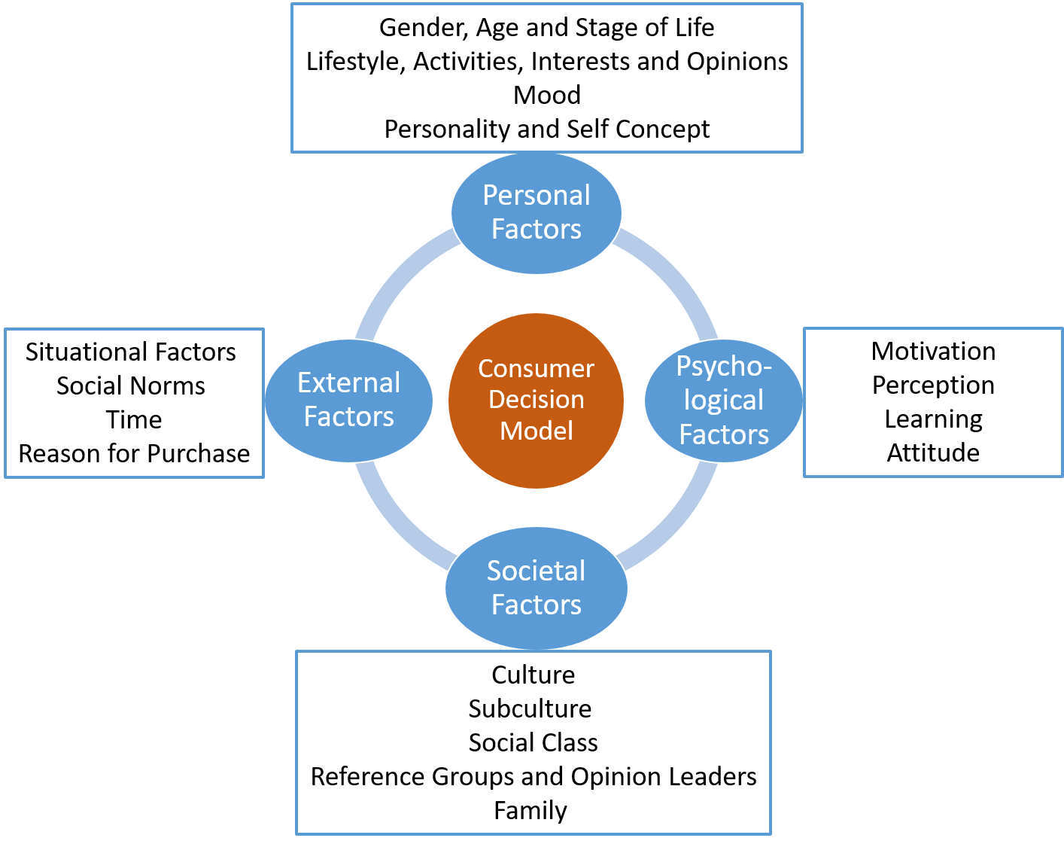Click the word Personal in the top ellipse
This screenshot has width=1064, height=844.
[537, 196]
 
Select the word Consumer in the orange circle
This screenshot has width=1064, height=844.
[536, 369]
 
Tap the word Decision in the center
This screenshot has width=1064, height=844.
[536, 400]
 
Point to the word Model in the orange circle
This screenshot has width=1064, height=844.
[537, 431]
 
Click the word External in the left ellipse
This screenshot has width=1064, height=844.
[349, 383]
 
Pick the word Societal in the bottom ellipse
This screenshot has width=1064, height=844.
[536, 571]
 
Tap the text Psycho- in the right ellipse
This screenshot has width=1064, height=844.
[724, 367]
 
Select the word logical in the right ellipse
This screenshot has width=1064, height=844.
[723, 401]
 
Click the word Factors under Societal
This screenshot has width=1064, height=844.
[537, 605]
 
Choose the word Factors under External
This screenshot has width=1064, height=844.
[349, 416]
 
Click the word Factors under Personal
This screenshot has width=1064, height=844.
[537, 229]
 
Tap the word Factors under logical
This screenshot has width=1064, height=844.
[724, 434]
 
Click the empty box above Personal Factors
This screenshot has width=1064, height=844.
[547, 78]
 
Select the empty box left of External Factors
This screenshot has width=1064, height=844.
[135, 403]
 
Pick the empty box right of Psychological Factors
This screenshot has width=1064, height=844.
[933, 402]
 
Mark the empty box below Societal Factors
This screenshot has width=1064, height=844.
[534, 742]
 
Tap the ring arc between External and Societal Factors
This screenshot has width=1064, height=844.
[399, 523]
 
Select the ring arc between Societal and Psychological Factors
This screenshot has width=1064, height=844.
[673, 523]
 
